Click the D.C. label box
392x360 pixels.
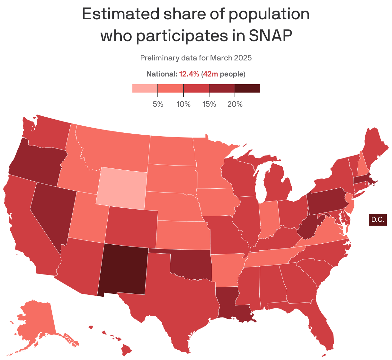click(x=378, y=220)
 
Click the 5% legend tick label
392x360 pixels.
click(x=158, y=104)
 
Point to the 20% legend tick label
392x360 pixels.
click(x=235, y=104)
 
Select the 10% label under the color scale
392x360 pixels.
click(x=183, y=104)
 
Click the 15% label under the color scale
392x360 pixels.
click(x=209, y=104)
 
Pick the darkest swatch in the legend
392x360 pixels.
click(x=247, y=88)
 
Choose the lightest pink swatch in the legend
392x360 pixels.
click(x=145, y=88)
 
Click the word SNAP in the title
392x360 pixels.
click(x=271, y=36)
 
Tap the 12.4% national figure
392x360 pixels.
click(x=189, y=74)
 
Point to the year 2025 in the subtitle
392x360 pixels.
click(x=243, y=58)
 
